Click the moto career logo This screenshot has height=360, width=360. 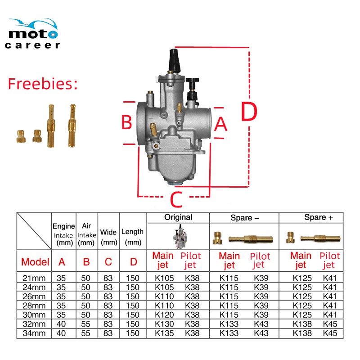pyautogui.click(x=32, y=33)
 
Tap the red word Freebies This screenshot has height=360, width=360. pyautogui.click(x=43, y=84)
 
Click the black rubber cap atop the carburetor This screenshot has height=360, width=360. pyautogui.click(x=175, y=60)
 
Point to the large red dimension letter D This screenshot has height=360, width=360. pyautogui.click(x=249, y=111)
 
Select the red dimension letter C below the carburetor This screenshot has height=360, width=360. pyautogui.click(x=176, y=199)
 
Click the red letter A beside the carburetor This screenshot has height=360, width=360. pyautogui.click(x=220, y=124)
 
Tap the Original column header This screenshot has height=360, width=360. pyautogui.click(x=178, y=217)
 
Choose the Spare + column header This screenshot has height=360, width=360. pyautogui.click(x=319, y=217)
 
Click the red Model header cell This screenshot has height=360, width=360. pyautogui.click(x=35, y=262)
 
